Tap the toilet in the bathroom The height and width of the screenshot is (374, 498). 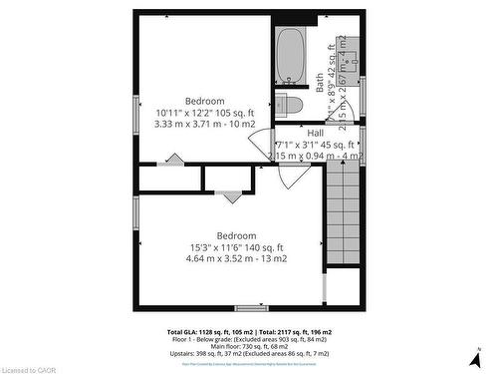[x=289, y=103]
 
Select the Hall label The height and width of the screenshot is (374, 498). [x=315, y=133]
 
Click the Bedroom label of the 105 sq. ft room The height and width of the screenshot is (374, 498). [x=205, y=101]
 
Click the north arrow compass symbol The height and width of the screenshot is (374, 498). [x=480, y=355]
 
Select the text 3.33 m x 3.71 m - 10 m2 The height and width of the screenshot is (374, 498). [x=205, y=128]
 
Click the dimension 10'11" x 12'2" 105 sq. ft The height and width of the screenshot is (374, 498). [x=205, y=115]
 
